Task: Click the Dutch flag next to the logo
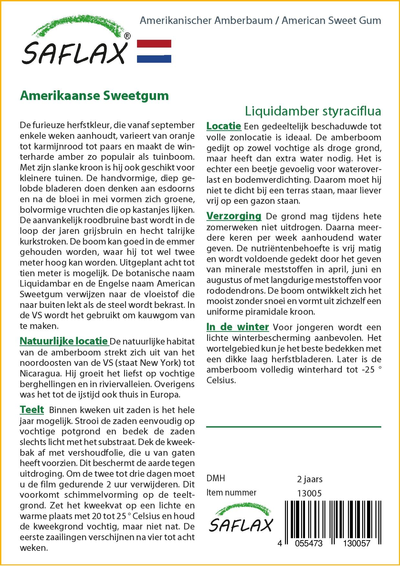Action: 154,51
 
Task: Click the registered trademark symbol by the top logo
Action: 127,36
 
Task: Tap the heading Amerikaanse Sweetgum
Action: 94,96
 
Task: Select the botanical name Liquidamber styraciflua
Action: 313,111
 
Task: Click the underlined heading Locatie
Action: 224,126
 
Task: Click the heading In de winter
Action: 237,327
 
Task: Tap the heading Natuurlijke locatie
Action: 64,341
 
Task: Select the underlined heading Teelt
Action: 32,409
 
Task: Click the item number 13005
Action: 309,493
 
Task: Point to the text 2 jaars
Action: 310,479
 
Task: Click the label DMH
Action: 216,478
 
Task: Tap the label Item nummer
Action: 231,493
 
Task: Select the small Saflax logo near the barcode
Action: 241,519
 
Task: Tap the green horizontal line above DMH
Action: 293,427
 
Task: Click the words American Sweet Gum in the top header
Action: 331,21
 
